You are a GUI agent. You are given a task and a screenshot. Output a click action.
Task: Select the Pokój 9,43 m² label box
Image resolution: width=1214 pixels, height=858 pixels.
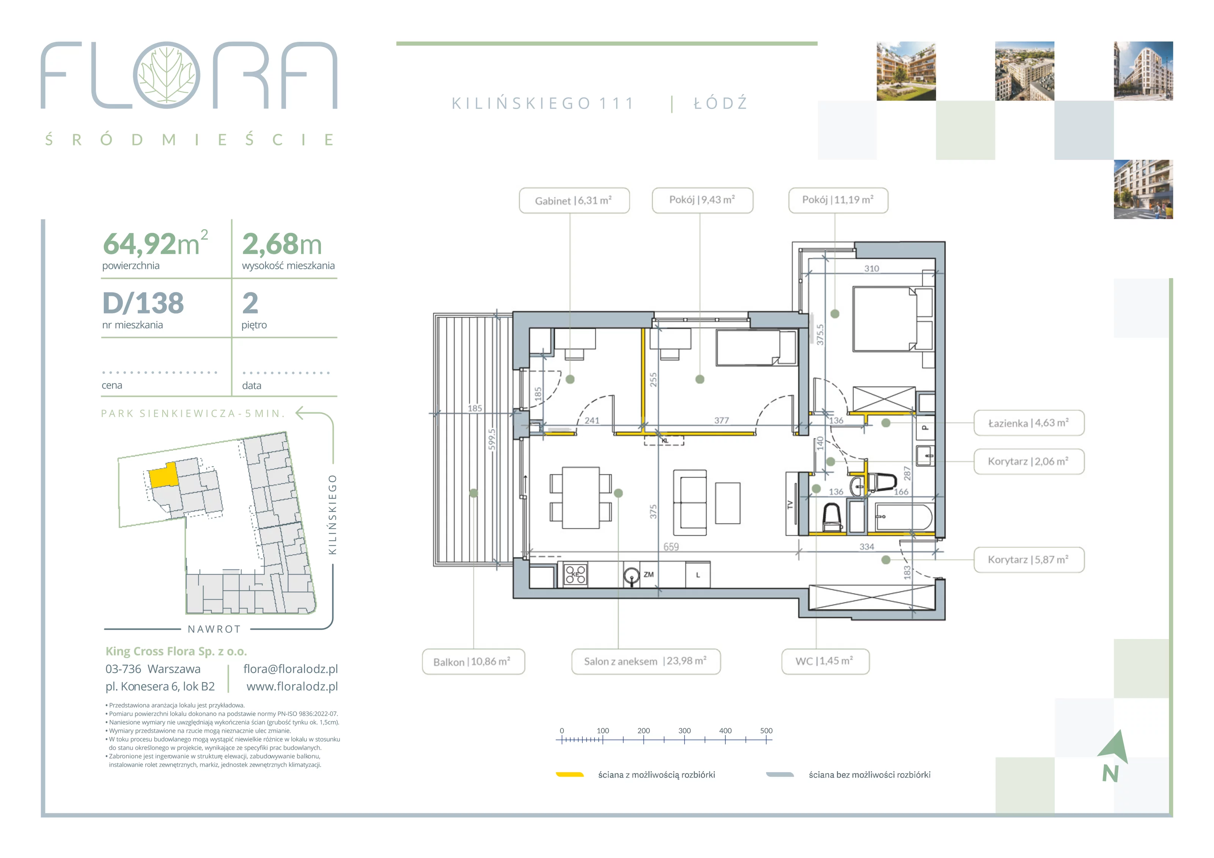[702, 200]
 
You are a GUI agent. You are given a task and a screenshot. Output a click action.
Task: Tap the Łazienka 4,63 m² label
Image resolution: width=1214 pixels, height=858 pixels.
[1029, 423]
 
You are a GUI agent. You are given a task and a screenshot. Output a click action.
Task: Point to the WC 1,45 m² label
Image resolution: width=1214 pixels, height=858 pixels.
[826, 662]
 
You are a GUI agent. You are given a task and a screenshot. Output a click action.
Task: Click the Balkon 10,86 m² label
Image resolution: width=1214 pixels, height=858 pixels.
[473, 662]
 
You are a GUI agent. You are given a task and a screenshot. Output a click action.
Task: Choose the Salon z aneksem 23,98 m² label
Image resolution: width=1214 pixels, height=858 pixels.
[646, 662]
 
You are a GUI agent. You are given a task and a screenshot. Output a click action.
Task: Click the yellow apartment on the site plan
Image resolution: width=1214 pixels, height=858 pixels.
[163, 475]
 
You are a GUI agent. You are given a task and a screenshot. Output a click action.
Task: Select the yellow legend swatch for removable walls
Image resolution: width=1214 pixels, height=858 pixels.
[569, 775]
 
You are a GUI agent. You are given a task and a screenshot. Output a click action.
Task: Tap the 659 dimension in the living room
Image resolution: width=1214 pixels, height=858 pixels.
[671, 547]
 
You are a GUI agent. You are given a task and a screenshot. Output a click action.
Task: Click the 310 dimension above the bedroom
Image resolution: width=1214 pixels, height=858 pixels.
[872, 269]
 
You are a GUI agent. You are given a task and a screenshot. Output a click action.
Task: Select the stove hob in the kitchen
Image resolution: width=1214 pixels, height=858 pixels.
[575, 574]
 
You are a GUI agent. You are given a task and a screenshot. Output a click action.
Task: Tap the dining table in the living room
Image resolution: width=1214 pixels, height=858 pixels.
[580, 497]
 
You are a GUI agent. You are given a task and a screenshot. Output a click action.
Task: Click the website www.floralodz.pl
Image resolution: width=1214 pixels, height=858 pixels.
[292, 686]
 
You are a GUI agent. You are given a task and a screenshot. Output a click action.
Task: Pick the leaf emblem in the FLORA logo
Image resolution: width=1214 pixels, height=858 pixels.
[167, 75]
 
